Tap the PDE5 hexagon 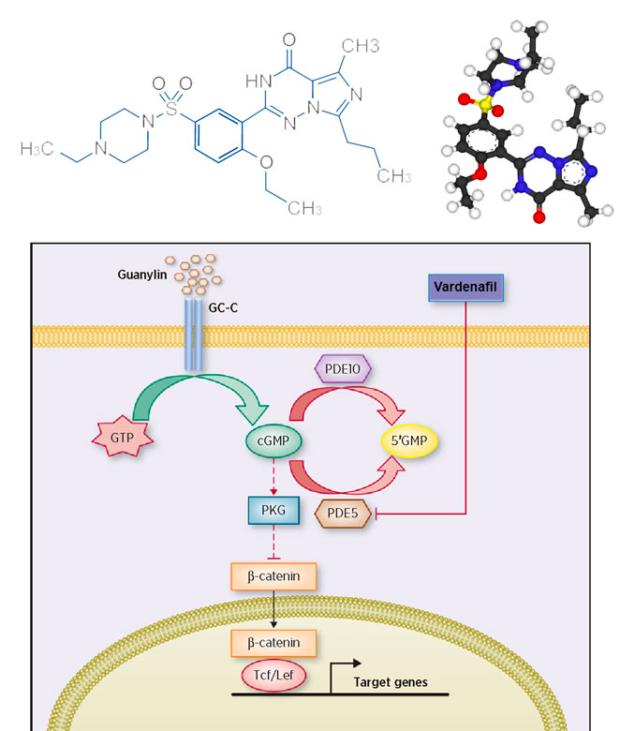342,514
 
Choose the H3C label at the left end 37,150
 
